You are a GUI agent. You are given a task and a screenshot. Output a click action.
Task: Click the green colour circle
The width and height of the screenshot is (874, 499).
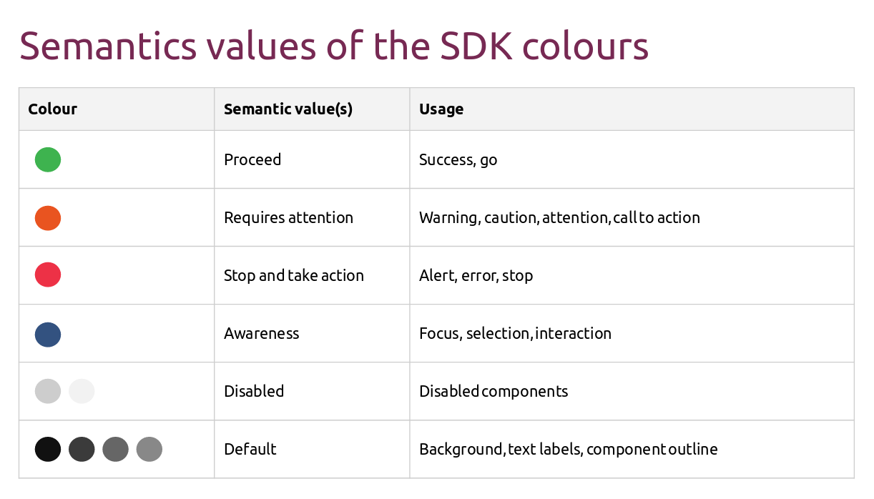point(48,159)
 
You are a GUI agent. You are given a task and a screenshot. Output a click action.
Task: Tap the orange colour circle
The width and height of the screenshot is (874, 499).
point(48,217)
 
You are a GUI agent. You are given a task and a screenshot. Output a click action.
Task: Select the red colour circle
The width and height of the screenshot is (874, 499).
point(48,275)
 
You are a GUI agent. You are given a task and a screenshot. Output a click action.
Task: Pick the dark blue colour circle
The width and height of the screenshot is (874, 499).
point(48,334)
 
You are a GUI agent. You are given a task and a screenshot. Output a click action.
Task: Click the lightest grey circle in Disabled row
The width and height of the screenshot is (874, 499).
point(82,391)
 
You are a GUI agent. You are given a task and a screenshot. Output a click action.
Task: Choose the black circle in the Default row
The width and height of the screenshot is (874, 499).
point(48,450)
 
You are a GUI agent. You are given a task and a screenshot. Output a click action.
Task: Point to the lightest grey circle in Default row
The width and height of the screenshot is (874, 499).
point(149,450)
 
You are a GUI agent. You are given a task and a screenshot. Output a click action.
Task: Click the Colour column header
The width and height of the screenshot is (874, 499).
point(52,109)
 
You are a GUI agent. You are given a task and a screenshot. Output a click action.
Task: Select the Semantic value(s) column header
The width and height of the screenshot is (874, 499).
point(288,109)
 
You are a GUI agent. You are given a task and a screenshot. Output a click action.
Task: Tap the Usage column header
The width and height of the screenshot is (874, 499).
point(441,109)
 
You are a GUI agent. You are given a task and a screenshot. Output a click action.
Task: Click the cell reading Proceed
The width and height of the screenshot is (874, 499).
point(252,159)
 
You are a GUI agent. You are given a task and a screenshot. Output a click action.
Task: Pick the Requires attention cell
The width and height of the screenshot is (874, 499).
point(288,217)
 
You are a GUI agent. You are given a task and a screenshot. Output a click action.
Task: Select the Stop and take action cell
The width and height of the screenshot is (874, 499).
point(293,275)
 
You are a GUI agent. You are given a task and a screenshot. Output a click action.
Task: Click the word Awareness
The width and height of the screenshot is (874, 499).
point(261,334)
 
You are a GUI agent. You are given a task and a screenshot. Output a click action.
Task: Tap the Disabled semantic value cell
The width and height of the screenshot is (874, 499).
point(254,391)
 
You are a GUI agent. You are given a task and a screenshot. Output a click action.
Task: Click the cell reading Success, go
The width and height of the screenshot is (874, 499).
point(458,159)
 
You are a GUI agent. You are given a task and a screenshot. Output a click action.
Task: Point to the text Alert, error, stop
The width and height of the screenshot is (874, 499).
point(476,275)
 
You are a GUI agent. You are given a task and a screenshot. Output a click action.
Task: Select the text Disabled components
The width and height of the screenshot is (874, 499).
point(494,391)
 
